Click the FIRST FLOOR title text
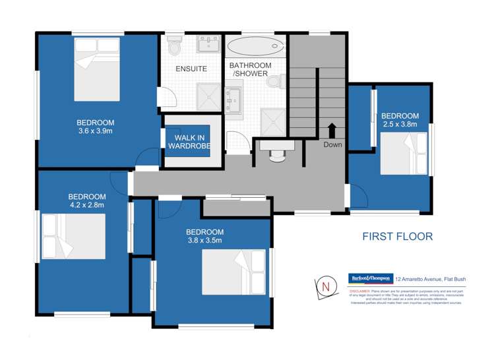coord(398,236)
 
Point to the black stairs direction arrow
coord(332,129)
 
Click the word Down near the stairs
coord(332,144)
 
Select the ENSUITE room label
coord(191,69)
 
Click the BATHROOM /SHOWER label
coord(250,69)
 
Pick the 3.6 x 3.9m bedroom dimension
coord(96,131)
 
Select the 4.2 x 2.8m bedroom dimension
coord(86,205)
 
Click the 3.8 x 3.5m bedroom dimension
coord(204,241)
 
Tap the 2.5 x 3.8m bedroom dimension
coord(400,123)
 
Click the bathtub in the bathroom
coord(256,47)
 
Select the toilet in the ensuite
coord(175,47)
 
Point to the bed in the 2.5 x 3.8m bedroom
coord(405,153)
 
